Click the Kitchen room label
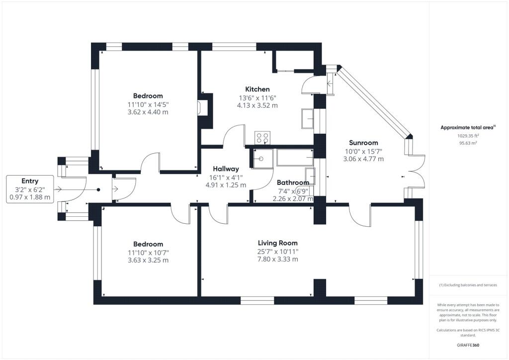pos(257,89)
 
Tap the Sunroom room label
pos(363,142)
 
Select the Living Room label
pos(277,243)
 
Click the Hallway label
pos(226,169)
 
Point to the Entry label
pos(30,181)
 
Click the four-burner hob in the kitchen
pos(262,137)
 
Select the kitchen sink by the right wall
pos(307,120)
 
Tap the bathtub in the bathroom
pos(295,157)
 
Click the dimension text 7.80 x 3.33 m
pos(277,259)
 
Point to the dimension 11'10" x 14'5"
pos(148,104)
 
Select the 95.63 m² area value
pos(468,142)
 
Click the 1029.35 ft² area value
pos(468,135)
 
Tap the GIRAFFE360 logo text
pos(468,345)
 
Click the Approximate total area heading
pos(468,127)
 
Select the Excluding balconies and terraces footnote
pos(468,285)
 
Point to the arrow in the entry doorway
pos(59,189)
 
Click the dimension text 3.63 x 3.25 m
pos(148,260)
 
